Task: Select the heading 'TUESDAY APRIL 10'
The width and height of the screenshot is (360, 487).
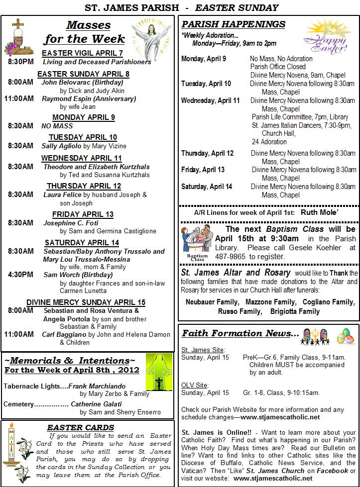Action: pyautogui.click(x=83, y=137)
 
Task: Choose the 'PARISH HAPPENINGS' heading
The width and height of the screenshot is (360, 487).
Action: pyautogui.click(x=234, y=24)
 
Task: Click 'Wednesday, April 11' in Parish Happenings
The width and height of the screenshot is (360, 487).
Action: pyautogui.click(x=210, y=100)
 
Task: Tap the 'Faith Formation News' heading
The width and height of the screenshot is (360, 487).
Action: pyautogui.click(x=240, y=333)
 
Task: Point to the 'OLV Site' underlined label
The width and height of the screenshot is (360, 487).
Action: pyautogui.click(x=194, y=385)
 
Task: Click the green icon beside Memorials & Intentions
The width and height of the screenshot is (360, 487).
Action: pyautogui.click(x=159, y=372)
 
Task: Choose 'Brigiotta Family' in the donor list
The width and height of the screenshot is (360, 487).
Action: pyautogui.click(x=295, y=311)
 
